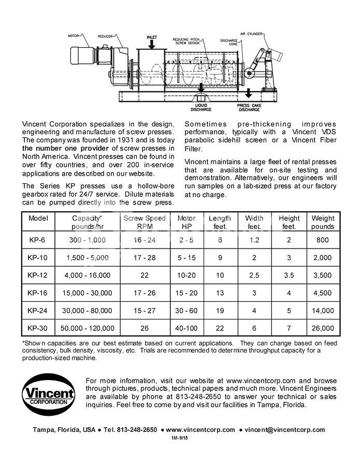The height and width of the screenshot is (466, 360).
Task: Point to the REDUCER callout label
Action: click(106, 37)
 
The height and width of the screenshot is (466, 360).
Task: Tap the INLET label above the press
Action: click(152, 37)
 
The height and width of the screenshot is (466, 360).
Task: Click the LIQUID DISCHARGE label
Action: click(200, 107)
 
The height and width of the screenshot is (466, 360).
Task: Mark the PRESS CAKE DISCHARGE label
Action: click(249, 107)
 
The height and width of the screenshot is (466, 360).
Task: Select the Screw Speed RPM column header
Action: click(145, 222)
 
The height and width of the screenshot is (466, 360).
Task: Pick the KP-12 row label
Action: click(37, 275)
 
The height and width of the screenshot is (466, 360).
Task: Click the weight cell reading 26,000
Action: click(323, 328)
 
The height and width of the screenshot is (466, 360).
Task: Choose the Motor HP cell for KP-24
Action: click(186, 310)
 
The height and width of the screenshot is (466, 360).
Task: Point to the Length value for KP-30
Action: click(220, 328)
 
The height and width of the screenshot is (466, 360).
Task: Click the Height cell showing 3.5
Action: click(289, 275)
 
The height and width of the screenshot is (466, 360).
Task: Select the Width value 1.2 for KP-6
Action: click(254, 240)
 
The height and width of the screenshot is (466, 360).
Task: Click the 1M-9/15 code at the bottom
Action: click(180, 438)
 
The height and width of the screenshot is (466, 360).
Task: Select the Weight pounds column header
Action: click(323, 222)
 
